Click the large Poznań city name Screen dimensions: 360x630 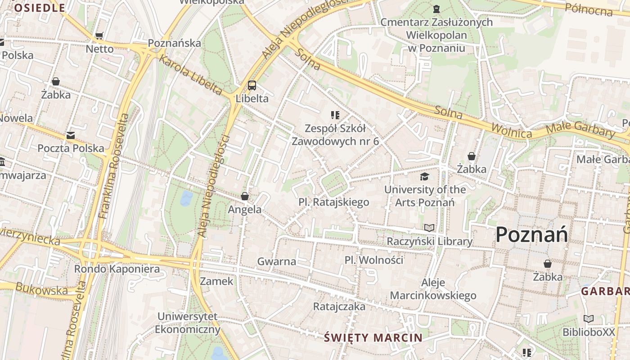531,234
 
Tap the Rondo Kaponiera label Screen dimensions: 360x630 117,269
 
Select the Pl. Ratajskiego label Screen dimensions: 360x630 333,202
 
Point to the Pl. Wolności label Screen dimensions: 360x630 373,260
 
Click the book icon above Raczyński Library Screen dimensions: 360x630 430,228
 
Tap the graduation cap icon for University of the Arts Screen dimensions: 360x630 425,176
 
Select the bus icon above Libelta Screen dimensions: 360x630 252,85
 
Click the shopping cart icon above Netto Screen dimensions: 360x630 99,36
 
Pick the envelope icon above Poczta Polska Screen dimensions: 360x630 71,135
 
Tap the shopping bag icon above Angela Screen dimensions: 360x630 245,196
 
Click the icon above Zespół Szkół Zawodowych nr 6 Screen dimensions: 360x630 335,115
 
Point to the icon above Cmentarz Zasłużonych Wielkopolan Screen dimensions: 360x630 436,9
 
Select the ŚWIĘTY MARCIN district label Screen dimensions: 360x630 373,337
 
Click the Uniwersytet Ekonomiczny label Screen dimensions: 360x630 188,323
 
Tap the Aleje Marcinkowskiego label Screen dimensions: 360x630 433,289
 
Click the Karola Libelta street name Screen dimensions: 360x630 190,76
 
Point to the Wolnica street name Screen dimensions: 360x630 512,130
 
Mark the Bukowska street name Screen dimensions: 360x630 41,290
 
